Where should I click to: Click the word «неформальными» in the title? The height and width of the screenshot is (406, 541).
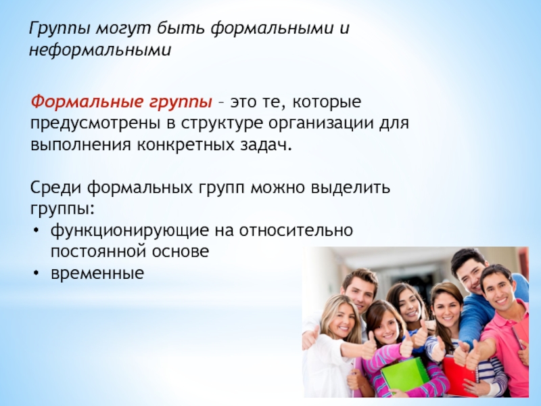pyautogui.click(x=100, y=50)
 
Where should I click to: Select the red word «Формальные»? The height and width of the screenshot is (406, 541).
pyautogui.click(x=87, y=102)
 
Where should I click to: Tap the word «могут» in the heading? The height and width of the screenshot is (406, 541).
pyautogui.click(x=124, y=28)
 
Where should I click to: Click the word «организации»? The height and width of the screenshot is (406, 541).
pyautogui.click(x=321, y=124)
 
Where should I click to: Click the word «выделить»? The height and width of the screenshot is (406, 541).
pyautogui.click(x=350, y=188)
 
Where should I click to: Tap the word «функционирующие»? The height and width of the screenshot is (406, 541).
pyautogui.click(x=130, y=231)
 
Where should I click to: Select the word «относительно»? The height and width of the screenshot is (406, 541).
pyautogui.click(x=296, y=231)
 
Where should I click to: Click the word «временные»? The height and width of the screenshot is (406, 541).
pyautogui.click(x=97, y=273)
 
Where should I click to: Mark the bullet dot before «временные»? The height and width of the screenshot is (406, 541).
pyautogui.click(x=37, y=273)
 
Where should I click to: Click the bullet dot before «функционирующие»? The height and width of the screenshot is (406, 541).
pyautogui.click(x=37, y=230)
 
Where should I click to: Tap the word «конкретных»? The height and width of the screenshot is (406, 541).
pyautogui.click(x=186, y=145)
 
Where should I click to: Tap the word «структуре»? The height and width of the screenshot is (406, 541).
pyautogui.click(x=222, y=124)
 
